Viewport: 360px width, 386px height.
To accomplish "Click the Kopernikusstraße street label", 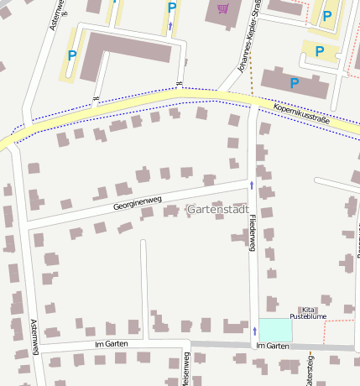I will pos(301,115).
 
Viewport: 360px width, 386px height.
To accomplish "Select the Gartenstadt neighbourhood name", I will pos(218,209).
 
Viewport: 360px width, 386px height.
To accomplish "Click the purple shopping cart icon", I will pos(222,9).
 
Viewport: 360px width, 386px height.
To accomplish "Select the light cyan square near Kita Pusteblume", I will pos(275,330).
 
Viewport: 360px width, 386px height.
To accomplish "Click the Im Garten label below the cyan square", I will pos(272,346).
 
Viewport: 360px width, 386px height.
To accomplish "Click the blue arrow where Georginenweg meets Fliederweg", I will pos(251,183).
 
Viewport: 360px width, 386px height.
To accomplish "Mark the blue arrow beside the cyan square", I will pos(254,331).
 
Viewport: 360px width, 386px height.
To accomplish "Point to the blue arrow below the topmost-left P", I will pos(170,26).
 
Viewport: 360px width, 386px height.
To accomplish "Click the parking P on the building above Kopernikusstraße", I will pos(294,83).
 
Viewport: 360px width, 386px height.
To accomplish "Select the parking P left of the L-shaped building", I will pos(71,55).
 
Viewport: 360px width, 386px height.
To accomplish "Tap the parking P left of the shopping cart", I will pos(172,8).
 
